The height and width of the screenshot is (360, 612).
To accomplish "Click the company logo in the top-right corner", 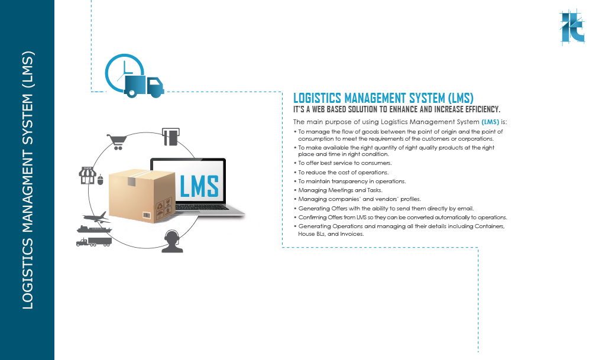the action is (572, 27).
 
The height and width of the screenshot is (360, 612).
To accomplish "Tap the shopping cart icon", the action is (116, 142).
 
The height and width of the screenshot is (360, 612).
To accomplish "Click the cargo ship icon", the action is (94, 229).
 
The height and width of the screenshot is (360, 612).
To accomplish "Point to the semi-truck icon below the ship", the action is (94, 242).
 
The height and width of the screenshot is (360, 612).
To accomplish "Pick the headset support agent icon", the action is (172, 242).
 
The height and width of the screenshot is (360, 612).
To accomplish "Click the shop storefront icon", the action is (88, 176).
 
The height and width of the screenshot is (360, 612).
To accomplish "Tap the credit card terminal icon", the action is (170, 137).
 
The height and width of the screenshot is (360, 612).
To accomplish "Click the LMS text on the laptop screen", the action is (199, 186).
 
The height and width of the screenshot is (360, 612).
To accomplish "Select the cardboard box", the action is (142, 196).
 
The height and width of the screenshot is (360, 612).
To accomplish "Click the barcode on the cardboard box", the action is (147, 215).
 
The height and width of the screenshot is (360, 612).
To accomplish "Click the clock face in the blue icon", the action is (124, 73).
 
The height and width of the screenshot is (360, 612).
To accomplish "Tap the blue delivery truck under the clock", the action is (144, 86).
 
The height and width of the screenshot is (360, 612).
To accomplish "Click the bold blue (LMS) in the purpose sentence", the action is (490, 122).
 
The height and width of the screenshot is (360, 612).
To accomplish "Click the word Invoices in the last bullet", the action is (352, 234).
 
